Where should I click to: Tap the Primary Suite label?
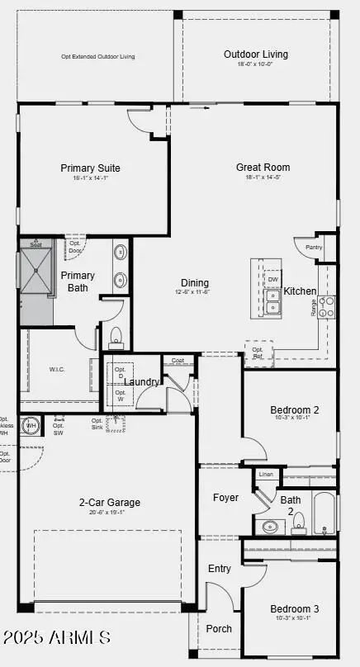tap(91, 168)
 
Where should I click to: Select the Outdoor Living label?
tap(256, 54)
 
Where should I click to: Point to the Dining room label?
tap(192, 283)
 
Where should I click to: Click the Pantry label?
tap(314, 247)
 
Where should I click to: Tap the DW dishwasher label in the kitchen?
tap(272, 279)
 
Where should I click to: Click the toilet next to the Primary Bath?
tap(116, 335)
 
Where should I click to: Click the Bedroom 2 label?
tap(295, 409)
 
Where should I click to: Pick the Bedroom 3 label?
tap(295, 609)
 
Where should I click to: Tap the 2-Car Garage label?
tap(110, 502)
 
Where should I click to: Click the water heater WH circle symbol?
tap(31, 426)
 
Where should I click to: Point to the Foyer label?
tap(225, 498)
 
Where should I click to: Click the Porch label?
tap(219, 628)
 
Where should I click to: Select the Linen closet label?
tap(265, 475)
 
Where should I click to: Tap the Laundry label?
tap(143, 382)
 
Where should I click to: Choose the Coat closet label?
tap(178, 360)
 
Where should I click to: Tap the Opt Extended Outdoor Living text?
tap(98, 57)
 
